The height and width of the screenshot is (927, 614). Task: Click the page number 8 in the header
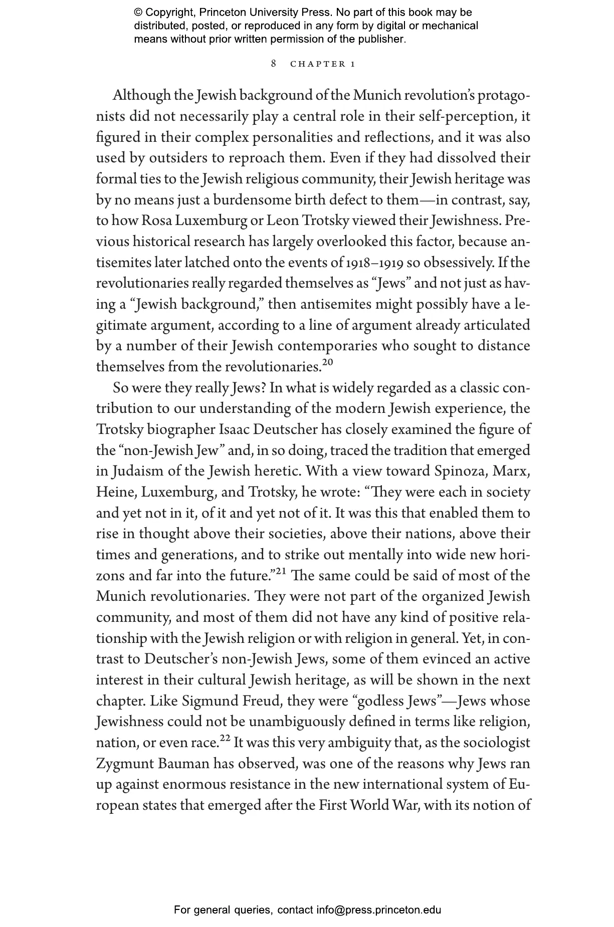pyautogui.click(x=274, y=64)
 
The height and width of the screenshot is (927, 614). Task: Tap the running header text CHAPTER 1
pyautogui.click(x=323, y=64)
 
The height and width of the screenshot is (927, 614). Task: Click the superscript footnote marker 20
pyautogui.click(x=327, y=362)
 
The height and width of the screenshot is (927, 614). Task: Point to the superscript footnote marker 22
pyautogui.click(x=225, y=738)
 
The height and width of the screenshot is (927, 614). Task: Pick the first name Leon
pyautogui.click(x=282, y=221)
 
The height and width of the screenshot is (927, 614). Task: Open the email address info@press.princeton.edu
pyautogui.click(x=378, y=910)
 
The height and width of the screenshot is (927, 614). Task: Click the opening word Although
pyautogui.click(x=141, y=95)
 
